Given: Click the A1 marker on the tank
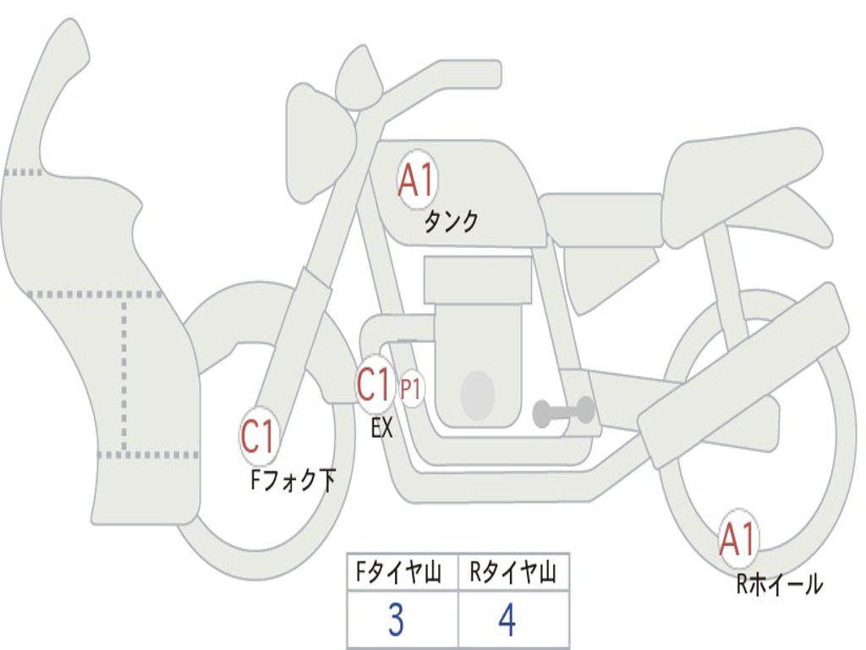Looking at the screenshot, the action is [x=416, y=180].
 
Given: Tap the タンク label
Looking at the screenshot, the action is [x=451, y=222].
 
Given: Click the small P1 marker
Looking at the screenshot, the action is [x=411, y=390].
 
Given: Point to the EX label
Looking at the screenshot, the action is [x=382, y=428].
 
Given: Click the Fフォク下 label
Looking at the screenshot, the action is [x=293, y=481].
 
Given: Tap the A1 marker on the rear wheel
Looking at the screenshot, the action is [x=737, y=540].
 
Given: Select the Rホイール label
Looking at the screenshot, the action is [x=779, y=584].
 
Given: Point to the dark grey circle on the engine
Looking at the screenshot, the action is [x=477, y=394].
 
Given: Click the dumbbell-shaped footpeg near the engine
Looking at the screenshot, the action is [x=563, y=412].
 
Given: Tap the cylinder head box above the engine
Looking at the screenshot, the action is [x=478, y=280].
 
